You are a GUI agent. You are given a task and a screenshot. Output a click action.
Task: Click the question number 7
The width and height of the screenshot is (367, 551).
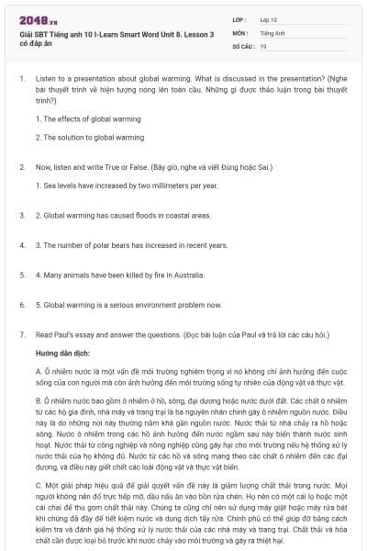[22, 335]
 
